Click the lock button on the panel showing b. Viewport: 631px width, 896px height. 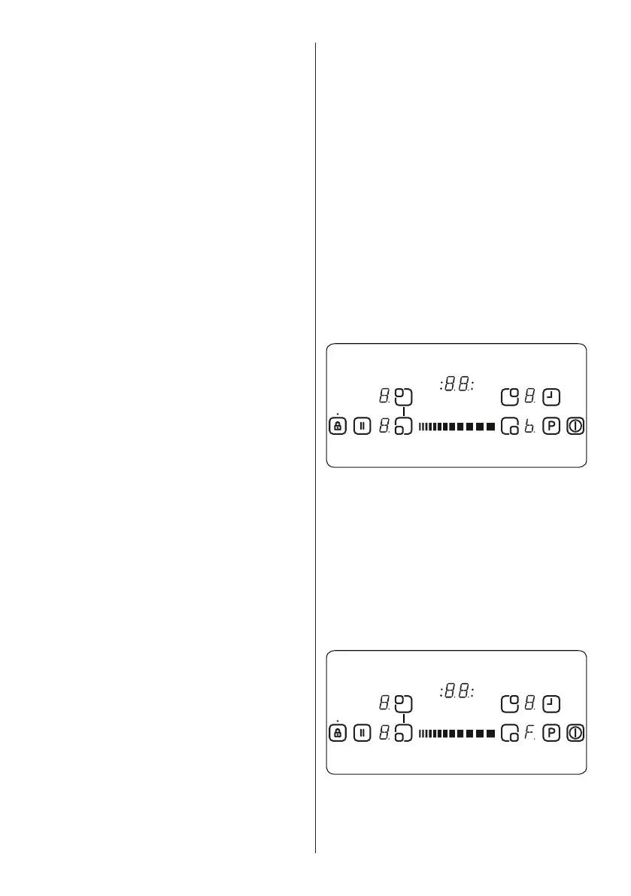pos(338,426)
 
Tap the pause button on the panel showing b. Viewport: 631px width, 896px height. pos(362,426)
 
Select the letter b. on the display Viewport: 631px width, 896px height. pos(530,427)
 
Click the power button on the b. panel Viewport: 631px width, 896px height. pos(576,426)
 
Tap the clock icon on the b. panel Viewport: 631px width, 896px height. pos(552,396)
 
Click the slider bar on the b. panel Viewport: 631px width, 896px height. pos(457,427)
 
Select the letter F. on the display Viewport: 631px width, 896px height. pos(530,733)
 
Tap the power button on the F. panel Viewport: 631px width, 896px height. pos(576,732)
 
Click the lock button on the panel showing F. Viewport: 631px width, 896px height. pos(338,732)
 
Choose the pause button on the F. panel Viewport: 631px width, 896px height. pos(362,732)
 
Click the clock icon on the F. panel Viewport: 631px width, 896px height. pos(552,703)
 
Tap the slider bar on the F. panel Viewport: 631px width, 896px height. pos(457,733)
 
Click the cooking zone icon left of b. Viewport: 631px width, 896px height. pos(509,426)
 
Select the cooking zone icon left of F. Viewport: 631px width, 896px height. pos(509,732)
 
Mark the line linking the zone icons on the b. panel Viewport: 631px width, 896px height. pos(404,411)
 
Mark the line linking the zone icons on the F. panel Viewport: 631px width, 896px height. pos(404,718)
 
